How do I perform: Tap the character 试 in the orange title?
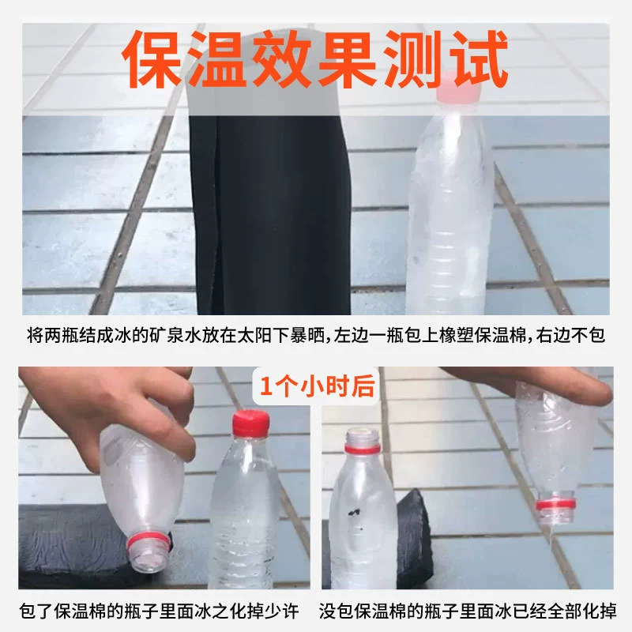pos(479,59)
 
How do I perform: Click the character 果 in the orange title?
pos(348,59)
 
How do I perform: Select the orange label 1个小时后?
pos(318,386)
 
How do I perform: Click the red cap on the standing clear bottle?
pos(250,423)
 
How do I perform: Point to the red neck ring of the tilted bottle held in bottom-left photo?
pos(147,542)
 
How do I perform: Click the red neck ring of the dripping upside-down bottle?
pos(555,504)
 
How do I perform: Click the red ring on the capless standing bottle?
pos(362,449)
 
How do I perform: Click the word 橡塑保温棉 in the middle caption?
pos(483,335)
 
